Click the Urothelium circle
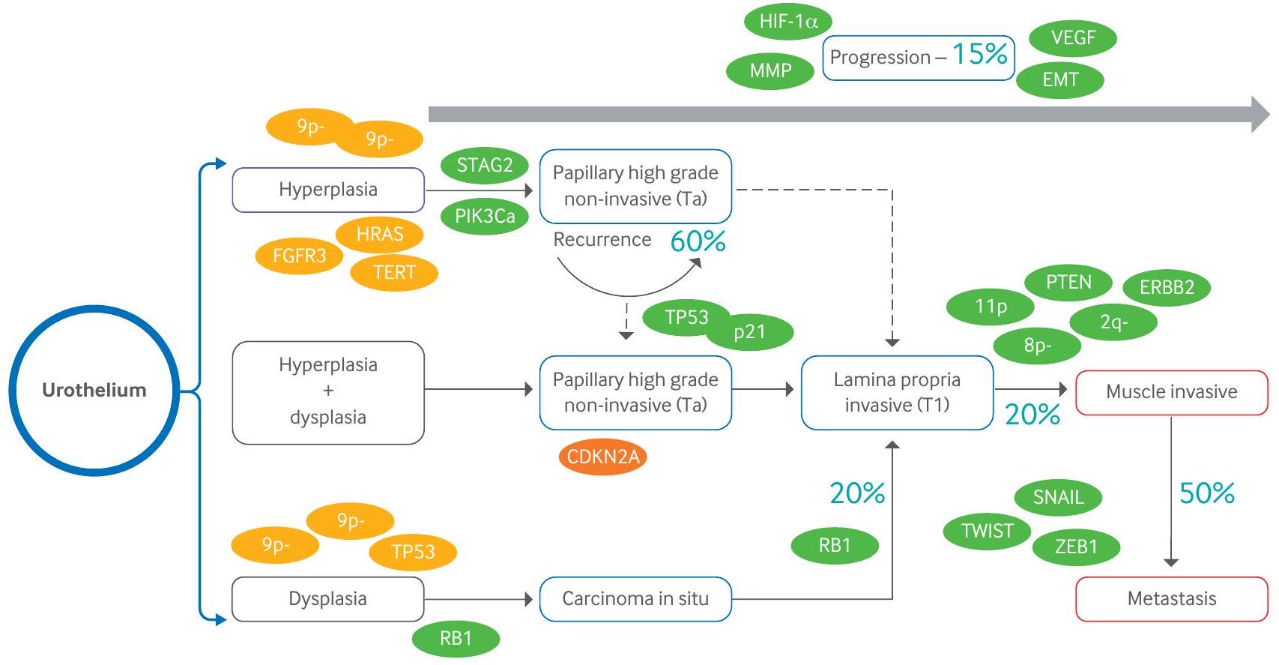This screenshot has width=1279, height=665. coord(94,390)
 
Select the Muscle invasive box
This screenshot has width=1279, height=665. coord(1171,392)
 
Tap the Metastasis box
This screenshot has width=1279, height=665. coord(1171,599)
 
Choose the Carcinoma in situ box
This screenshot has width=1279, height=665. coord(635,599)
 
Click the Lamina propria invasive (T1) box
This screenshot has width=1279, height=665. coord(897,392)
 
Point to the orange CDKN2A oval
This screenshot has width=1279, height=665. coord(602,457)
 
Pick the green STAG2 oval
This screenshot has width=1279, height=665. coord(484,166)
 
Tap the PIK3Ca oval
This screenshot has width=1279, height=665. coord(485,217)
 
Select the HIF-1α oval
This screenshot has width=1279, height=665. coord(787,21)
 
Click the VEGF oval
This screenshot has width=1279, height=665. coord(1073,37)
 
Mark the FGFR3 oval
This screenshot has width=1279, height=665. coord(299,256)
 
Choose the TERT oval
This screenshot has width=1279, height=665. coord(394,272)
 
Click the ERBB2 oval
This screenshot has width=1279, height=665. coord(1167,287)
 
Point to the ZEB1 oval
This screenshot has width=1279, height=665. coord(1076,547)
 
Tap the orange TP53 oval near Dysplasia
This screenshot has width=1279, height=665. coord(413,553)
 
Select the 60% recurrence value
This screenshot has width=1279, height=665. coord(698,241)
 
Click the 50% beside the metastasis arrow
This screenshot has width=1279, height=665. coord(1206,493)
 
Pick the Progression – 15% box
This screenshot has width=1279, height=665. coord(918,57)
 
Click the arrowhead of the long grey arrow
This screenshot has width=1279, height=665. coord(1260,115)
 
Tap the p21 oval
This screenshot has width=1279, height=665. coord(749,332)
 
